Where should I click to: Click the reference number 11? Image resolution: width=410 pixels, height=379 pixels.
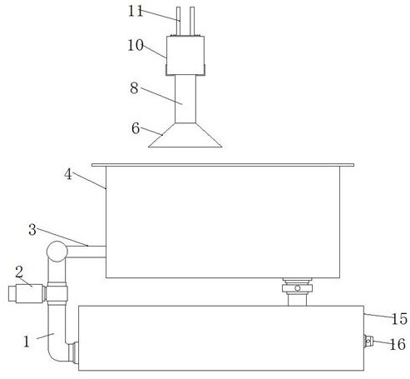(136, 12)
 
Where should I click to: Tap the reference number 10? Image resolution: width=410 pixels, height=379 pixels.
(136, 45)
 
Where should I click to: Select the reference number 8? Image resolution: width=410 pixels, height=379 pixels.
(134, 88)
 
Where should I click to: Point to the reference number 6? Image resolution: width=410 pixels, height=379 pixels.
(136, 128)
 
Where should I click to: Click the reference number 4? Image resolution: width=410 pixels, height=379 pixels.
(68, 174)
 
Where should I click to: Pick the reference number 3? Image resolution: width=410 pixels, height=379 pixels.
(32, 230)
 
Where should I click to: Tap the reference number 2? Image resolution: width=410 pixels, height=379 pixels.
(19, 272)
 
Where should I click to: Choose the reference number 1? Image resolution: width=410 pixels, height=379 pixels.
(27, 342)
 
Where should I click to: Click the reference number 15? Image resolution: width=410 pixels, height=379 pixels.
(399, 319)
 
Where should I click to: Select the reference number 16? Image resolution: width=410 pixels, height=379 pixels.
(398, 344)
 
